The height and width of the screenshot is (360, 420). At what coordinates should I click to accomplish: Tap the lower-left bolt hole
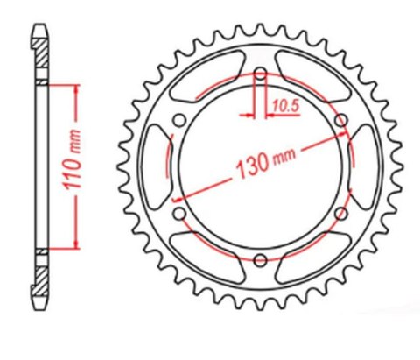tap(180, 211)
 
